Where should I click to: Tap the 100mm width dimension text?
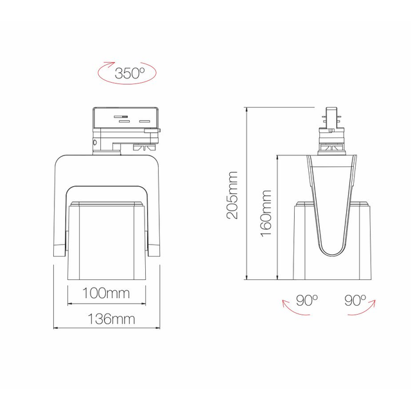(107, 293)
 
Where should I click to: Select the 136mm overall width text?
(107, 319)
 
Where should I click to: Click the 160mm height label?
(266, 213)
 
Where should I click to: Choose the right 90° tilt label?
(354, 299)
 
